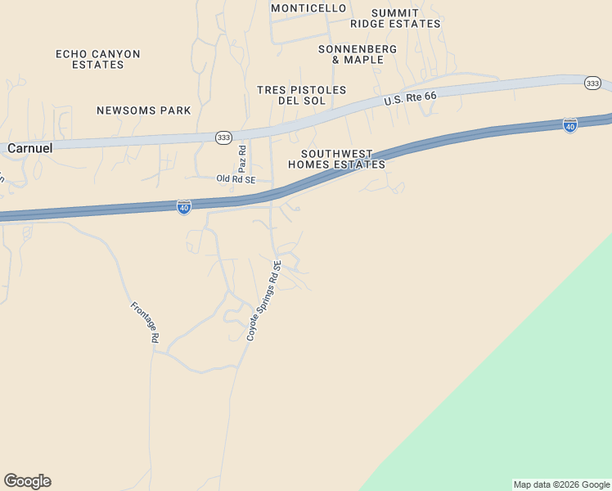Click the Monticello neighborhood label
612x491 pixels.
pyautogui.click(x=308, y=8)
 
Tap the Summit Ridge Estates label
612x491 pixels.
pyautogui.click(x=395, y=19)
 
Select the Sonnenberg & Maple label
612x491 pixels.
pyautogui.click(x=357, y=54)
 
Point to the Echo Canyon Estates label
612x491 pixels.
pyautogui.click(x=98, y=59)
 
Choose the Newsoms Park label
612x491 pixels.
pyautogui.click(x=143, y=110)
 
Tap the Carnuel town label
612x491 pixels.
pyautogui.click(x=29, y=148)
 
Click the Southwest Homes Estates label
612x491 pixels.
pyautogui.click(x=336, y=159)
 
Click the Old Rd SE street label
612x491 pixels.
pyautogui.click(x=236, y=178)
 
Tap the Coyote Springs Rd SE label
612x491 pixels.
pyautogui.click(x=264, y=300)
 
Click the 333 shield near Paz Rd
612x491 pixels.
pyautogui.click(x=223, y=137)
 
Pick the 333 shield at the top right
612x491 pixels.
pyautogui.click(x=592, y=83)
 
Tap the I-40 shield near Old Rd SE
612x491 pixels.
pyautogui.click(x=184, y=207)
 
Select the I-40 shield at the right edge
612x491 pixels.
pyautogui.click(x=570, y=125)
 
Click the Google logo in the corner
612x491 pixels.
pyautogui.click(x=27, y=481)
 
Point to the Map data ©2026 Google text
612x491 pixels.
pyautogui.click(x=561, y=484)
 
